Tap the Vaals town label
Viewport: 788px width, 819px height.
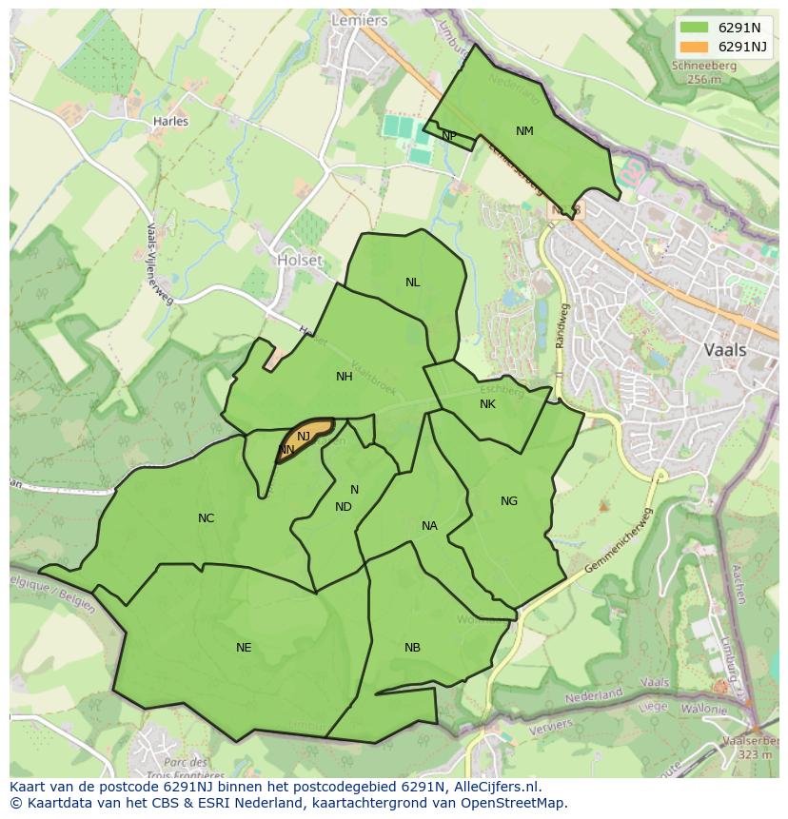(x=725, y=349)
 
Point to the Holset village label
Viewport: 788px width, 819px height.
(x=299, y=260)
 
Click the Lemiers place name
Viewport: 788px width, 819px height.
(x=359, y=20)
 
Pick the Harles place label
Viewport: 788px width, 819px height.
(x=170, y=122)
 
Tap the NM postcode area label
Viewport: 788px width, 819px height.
(x=524, y=131)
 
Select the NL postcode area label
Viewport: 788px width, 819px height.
(x=412, y=283)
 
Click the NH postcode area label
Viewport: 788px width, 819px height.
(x=345, y=377)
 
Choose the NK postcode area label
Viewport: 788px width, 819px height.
(x=487, y=404)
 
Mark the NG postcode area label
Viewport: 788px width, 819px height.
(x=509, y=501)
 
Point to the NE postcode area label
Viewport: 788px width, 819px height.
(x=244, y=648)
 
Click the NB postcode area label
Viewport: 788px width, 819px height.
(x=412, y=648)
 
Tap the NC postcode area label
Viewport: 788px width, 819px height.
(x=206, y=518)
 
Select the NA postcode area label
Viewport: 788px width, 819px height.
(x=429, y=526)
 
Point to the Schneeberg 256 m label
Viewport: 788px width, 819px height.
(x=703, y=72)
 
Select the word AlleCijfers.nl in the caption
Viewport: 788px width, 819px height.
(x=494, y=787)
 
